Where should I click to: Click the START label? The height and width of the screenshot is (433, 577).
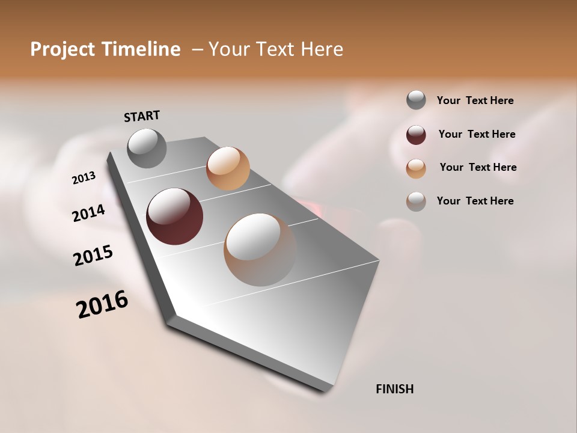coord(142,116)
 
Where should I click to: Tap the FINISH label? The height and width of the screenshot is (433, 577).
coord(394,389)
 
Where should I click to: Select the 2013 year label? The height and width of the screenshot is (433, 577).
coord(84,178)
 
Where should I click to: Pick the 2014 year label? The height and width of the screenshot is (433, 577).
coord(88,213)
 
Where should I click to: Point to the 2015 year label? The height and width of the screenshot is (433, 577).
coord(93,256)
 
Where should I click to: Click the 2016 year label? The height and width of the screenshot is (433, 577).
coord(102,304)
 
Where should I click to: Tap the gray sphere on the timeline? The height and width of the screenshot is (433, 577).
coord(147,148)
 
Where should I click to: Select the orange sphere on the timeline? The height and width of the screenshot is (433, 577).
coord(228,168)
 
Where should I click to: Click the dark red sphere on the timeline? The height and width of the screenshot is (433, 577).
coord(175,216)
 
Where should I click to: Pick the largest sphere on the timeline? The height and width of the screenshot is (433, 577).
coord(260,250)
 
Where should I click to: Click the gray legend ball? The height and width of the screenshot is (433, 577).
coord(416,100)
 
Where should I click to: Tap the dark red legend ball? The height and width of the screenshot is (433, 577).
coord(416,135)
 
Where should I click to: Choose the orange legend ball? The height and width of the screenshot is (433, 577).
coord(416,168)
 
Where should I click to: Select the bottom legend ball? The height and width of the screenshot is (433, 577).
coord(416,201)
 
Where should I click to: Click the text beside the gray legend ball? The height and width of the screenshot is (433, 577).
coord(475,101)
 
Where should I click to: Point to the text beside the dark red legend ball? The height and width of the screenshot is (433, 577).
coord(477,134)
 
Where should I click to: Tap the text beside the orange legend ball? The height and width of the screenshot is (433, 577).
coord(478,167)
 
